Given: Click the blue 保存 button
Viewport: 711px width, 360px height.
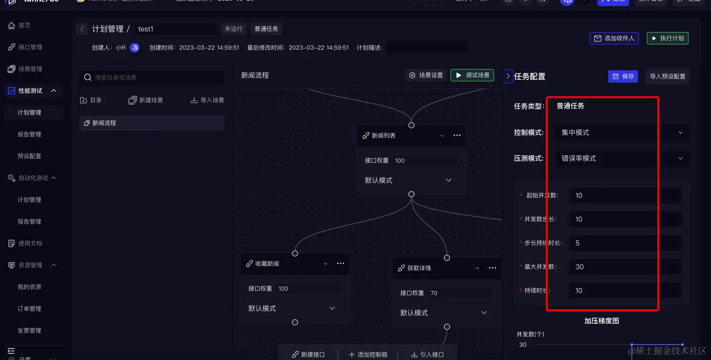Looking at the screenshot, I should click(x=623, y=76).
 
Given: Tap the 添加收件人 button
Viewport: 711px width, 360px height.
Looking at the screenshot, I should click(x=614, y=38).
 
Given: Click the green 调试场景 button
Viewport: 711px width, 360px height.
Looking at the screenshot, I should click(x=472, y=75).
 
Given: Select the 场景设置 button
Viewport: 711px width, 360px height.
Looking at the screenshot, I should click(x=426, y=75).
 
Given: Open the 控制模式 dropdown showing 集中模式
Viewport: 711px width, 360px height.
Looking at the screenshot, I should click(x=622, y=133).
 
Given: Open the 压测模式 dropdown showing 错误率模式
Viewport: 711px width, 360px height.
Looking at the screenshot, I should click(x=622, y=159).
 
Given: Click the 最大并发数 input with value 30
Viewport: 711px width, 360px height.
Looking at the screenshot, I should click(x=625, y=267).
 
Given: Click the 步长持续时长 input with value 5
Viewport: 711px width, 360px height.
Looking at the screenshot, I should click(x=625, y=243).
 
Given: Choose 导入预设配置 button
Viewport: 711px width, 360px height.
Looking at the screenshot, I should click(x=667, y=76).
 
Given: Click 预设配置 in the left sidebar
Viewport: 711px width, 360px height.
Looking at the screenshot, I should click(x=29, y=156).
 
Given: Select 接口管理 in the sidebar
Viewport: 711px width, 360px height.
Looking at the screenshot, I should click(x=30, y=47).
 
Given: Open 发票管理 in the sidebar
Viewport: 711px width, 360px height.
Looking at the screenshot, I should click(x=29, y=331).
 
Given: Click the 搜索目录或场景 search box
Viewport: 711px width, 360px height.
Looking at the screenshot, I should click(x=151, y=77).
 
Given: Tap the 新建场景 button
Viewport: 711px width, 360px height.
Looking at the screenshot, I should click(x=146, y=100).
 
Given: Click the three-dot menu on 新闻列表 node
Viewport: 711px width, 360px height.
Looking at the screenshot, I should click(x=457, y=135).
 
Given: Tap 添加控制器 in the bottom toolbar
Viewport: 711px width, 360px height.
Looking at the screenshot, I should click(x=368, y=355).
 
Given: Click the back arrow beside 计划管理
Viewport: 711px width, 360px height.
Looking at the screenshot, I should click(x=82, y=29).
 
